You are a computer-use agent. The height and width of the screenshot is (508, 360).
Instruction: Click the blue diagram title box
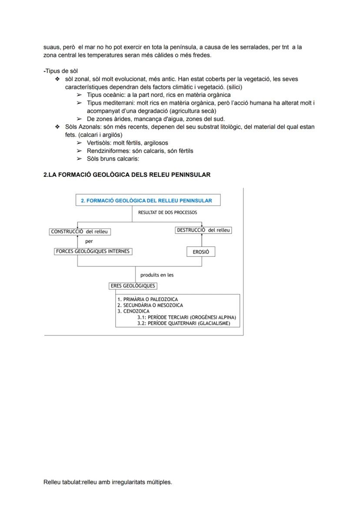pos(147,200)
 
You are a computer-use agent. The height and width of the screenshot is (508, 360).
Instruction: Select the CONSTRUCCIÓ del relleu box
pos(79,232)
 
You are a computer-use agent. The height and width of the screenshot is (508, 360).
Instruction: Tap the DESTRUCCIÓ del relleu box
pos(203,230)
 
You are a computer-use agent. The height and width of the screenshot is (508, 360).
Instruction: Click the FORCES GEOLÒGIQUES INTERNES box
pos(93,251)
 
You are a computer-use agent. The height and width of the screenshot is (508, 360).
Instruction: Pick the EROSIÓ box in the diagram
pos(201,252)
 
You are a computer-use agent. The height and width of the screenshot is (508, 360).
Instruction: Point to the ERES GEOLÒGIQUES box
pos(133,286)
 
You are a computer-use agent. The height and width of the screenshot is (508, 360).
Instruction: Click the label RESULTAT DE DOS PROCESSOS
pos(167,212)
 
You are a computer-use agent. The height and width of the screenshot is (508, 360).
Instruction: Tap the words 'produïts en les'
pos(157,275)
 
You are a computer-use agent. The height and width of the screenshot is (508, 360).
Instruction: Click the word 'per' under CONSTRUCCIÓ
pos(89,241)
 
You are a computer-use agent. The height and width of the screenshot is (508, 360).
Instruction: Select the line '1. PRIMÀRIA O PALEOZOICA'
pos(147,299)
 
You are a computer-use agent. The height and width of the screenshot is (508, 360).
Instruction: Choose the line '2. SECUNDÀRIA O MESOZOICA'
pos(150,305)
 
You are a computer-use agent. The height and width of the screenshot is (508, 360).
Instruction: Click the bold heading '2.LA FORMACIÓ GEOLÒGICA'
pos(127,175)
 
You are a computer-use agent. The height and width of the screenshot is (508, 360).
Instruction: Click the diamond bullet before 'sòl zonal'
pos(57,79)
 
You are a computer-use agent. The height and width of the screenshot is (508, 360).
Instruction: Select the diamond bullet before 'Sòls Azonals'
pos(57,127)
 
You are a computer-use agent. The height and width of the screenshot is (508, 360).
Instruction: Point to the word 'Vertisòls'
pos(99,143)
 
